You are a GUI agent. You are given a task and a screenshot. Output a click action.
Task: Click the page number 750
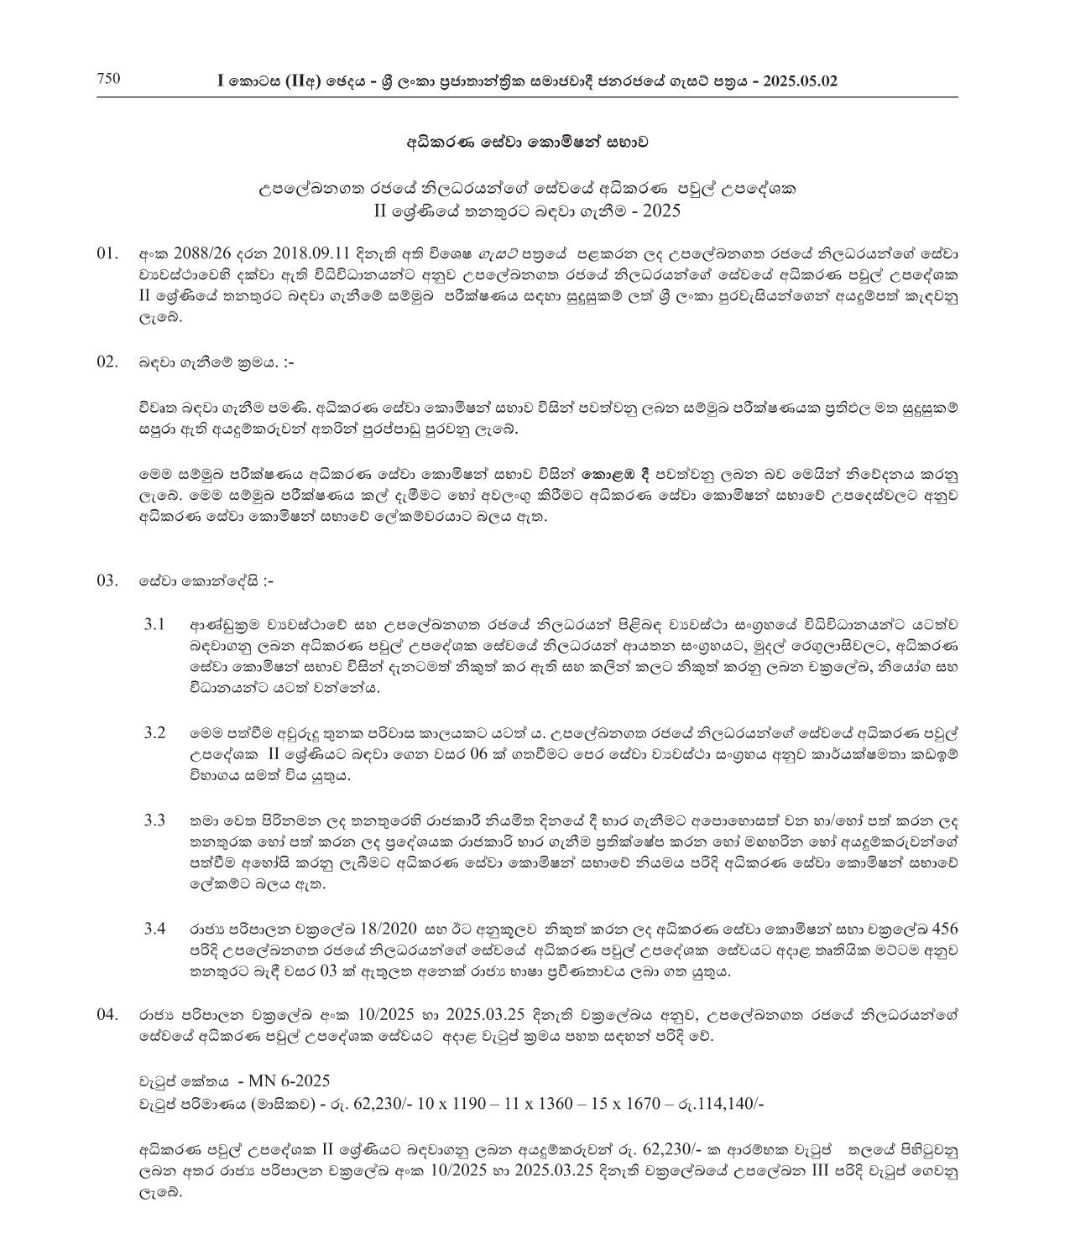109,80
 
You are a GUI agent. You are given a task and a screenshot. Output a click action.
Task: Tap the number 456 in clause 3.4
943,929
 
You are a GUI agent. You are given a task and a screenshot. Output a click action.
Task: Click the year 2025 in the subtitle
661,211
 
